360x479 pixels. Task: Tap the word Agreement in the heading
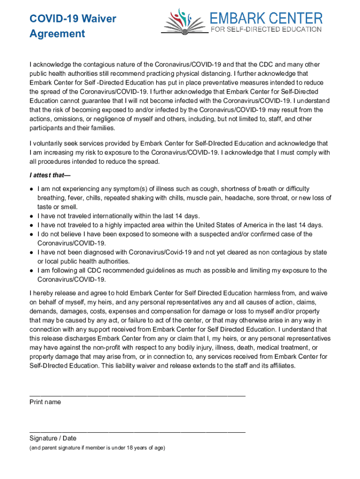click(x=57, y=34)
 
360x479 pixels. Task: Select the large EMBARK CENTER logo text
click(x=266, y=18)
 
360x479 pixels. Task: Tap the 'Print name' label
click(x=45, y=402)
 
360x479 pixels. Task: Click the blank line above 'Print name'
click(x=137, y=396)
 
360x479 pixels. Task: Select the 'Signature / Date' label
click(x=53, y=438)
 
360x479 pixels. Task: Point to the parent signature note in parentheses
click(x=97, y=448)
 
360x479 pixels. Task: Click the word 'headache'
click(x=240, y=198)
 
